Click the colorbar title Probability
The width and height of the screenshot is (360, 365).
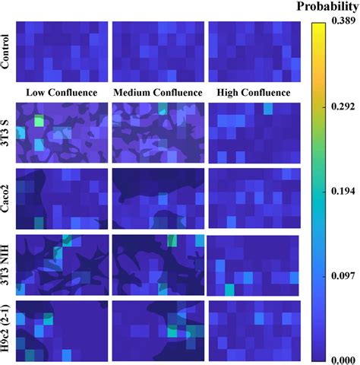328,7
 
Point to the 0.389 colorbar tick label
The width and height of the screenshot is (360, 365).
343,21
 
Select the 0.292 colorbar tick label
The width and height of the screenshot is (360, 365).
343,106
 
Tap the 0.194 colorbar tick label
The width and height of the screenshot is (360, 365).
343,191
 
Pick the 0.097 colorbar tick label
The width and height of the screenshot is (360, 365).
343,276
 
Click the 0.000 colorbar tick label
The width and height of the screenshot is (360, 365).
343,360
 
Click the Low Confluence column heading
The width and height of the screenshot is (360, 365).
62,93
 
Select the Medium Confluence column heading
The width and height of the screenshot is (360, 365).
158,93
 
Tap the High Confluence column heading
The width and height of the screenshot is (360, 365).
254,93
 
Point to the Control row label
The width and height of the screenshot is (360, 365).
5,52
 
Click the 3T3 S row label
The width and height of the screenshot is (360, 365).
5,132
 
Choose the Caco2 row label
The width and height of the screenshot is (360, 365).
5,198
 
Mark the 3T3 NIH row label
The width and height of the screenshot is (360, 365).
5,265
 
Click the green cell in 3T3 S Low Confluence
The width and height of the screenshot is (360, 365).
39,120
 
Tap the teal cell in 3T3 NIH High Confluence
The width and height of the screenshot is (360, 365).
229,290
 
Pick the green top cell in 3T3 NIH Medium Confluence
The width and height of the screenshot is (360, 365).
172,240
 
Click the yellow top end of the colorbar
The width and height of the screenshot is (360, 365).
318,24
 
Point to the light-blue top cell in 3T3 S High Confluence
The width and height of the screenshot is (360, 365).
268,109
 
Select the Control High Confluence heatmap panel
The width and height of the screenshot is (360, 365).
254,52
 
